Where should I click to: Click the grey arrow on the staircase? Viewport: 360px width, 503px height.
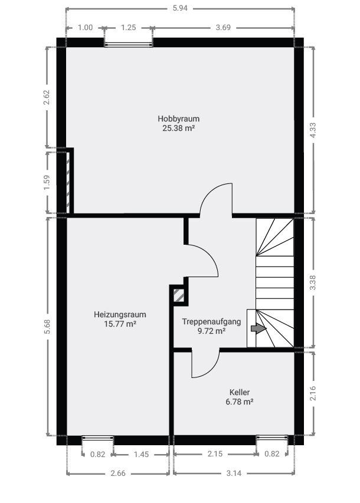click(x=258, y=328)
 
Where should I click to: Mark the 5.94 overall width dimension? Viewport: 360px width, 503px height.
click(x=180, y=8)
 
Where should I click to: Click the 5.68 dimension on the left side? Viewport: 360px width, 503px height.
click(x=47, y=327)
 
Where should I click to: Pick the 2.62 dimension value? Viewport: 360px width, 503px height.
click(x=47, y=97)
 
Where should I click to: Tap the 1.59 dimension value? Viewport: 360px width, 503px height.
click(x=47, y=182)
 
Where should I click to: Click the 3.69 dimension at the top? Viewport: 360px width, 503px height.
click(x=223, y=28)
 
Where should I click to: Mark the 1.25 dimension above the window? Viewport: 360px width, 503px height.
click(x=129, y=28)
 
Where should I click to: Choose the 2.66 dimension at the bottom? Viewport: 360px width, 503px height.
click(x=118, y=474)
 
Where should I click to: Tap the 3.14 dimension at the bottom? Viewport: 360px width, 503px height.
click(x=234, y=474)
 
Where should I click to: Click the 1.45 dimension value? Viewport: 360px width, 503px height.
click(x=141, y=454)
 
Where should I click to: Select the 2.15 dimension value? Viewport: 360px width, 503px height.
click(x=214, y=454)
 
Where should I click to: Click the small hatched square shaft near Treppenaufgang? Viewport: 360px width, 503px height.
click(x=179, y=295)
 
